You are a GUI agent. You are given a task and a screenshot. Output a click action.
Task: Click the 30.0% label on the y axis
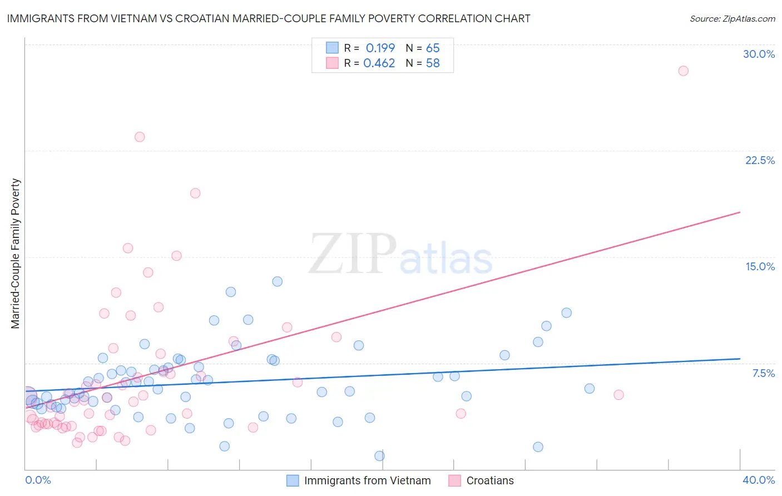pos(759,54)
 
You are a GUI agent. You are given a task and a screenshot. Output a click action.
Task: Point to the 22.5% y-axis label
pos(760,160)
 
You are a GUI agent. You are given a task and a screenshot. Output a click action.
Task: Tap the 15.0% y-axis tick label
pos(760,266)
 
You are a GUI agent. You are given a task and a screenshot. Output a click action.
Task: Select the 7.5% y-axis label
pos(763,373)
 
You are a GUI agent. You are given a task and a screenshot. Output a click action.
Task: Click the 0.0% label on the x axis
pos(38,480)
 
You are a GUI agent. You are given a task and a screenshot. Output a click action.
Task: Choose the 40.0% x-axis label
pos(758,480)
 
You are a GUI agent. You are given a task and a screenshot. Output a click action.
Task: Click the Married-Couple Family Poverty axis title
pos(16,254)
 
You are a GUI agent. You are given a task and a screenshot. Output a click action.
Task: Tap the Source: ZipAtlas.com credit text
pos(732,18)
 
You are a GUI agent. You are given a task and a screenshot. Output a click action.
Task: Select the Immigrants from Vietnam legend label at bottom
pos(367,480)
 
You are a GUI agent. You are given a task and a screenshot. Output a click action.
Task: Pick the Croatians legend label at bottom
pos(490,480)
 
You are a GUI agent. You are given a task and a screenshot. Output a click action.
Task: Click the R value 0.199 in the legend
pos(380,48)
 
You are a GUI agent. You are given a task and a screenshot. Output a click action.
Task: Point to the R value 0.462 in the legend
pos(379,63)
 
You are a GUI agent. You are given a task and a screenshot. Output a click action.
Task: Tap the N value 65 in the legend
pos(433,48)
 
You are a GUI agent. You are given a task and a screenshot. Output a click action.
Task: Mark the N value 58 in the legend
pos(433,63)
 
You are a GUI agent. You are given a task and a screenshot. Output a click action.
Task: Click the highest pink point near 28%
pos(683,71)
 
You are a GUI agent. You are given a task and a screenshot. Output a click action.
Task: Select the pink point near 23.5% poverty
pos(140,137)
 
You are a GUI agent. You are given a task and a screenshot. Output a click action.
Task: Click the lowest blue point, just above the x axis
pos(379,456)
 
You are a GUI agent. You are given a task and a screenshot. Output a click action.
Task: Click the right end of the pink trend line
pos(740,212)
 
